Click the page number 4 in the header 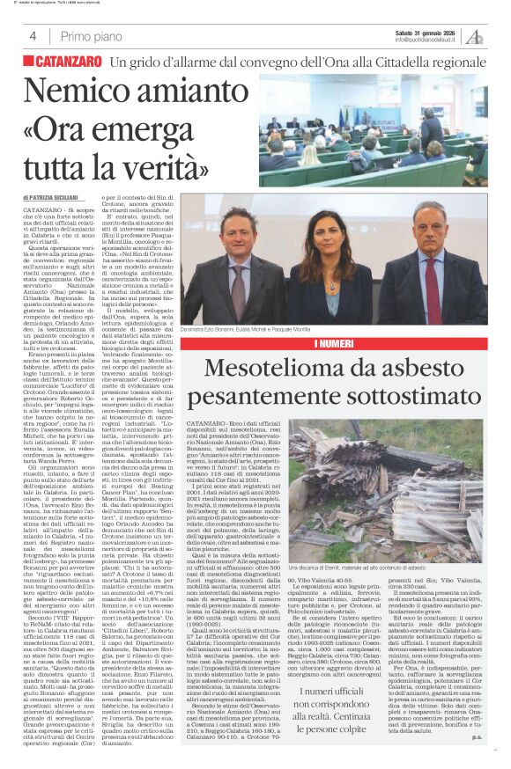[33, 37]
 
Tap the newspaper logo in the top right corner [475, 36]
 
